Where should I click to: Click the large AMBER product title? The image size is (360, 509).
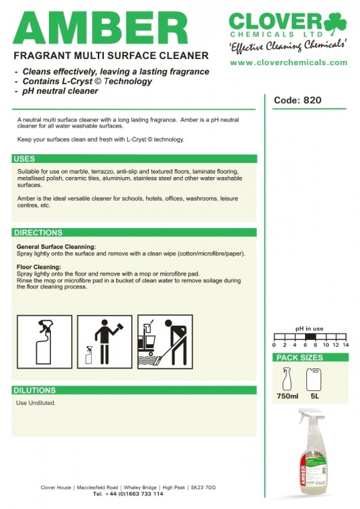coord(101,29)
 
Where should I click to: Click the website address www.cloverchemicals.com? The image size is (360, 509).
coord(289,62)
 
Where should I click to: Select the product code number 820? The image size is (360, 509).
coord(312,100)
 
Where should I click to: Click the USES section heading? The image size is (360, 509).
coord(24,159)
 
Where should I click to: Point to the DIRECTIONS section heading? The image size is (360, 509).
coord(38,232)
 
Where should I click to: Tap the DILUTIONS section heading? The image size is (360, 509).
coord(35,390)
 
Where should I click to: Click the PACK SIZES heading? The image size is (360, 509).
coord(300,358)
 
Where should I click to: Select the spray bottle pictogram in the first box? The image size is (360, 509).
coord(45,342)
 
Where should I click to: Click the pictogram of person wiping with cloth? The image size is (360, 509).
coord(105,342)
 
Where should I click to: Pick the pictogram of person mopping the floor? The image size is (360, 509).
coord(165,342)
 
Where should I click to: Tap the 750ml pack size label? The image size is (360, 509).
coord(287,396)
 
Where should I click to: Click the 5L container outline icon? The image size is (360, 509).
coord(314,379)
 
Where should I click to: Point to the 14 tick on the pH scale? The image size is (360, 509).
coord(345,345)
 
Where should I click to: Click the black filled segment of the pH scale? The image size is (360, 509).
coord(309,337)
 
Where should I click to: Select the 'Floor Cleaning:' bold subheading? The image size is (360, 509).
coord(39,267)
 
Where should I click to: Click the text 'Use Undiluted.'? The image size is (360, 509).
coord(36,403)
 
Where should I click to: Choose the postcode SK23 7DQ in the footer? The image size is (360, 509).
coord(203,487)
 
